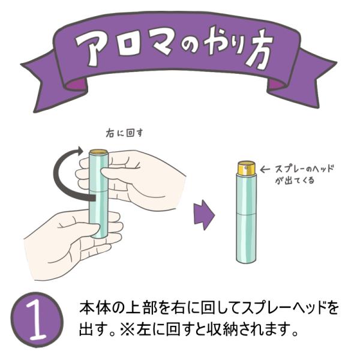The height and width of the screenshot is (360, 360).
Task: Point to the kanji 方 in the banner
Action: pyautogui.click(x=258, y=49)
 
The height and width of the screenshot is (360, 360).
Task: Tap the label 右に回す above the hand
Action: pyautogui.click(x=124, y=133)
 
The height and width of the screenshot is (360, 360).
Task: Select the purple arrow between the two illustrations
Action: pyautogui.click(x=204, y=215)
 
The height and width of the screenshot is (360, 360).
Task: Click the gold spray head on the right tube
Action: pyautogui.click(x=246, y=167)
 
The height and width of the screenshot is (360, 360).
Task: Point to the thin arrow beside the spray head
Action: pyautogui.click(x=265, y=170)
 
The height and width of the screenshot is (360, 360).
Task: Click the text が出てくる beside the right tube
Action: pyautogui.click(x=295, y=180)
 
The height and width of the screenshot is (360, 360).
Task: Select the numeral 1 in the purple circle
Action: pyautogui.click(x=37, y=320)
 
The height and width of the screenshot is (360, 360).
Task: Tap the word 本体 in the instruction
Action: pyautogui.click(x=94, y=307)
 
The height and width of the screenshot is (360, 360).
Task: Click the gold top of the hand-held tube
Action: pyautogui.click(x=98, y=152)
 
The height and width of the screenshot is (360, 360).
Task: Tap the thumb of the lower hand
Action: pyautogui.click(x=79, y=229)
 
